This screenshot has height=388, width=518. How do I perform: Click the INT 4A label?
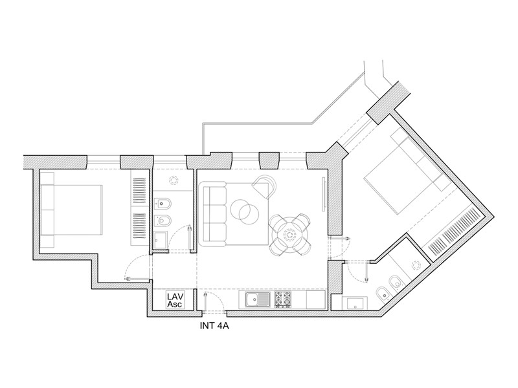point(214,327)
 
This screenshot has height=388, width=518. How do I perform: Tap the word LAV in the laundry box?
point(175,296)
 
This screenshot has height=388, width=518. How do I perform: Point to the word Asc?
point(175,304)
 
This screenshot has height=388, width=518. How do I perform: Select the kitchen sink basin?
point(253,300)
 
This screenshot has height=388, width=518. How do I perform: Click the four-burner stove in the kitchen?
point(283,299)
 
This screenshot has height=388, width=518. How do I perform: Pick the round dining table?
point(290,235)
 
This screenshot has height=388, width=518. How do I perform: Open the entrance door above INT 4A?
point(205,301)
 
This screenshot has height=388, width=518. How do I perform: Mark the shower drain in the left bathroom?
point(173,180)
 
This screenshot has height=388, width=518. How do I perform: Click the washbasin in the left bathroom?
point(161,240)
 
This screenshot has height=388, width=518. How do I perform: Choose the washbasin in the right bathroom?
point(355,303)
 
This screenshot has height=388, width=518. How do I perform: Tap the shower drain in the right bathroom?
point(416,266)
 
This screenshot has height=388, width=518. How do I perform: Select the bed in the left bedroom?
point(71,210)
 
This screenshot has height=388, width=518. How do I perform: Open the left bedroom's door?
point(136,279)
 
